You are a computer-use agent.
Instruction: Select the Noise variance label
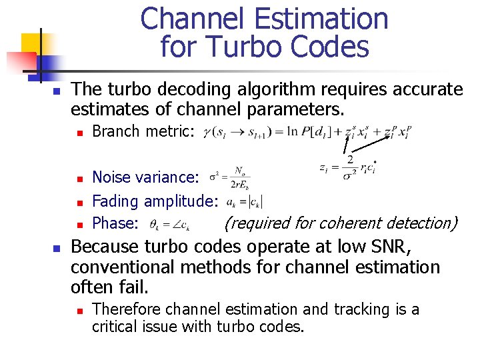pyautogui.click(x=145, y=177)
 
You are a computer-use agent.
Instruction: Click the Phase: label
pyautogui.click(x=115, y=223)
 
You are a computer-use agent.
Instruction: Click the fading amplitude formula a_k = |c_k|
pyautogui.click(x=245, y=201)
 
